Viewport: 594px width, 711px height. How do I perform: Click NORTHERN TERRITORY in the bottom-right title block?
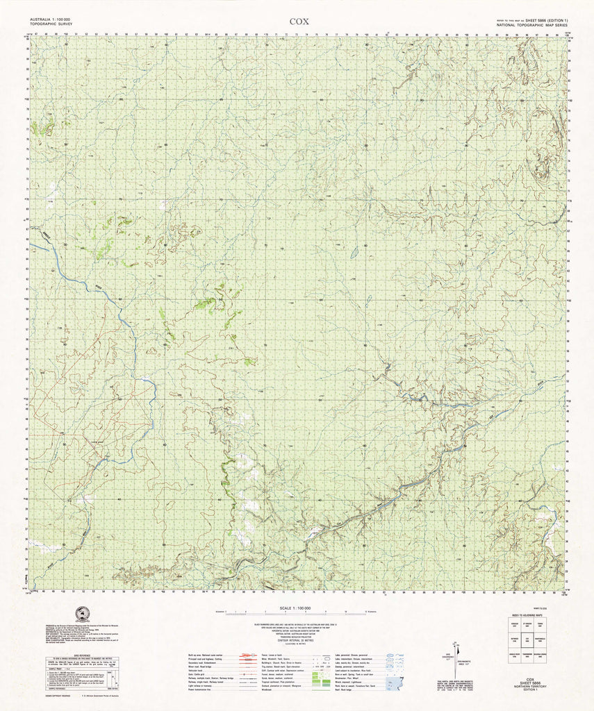pyautogui.click(x=530, y=687)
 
